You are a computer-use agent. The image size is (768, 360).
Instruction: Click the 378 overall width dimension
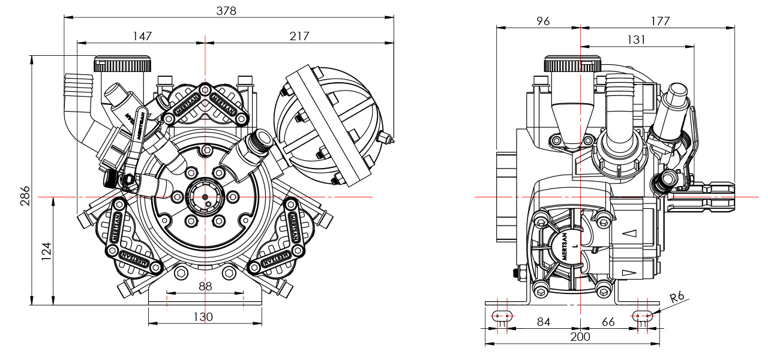227,11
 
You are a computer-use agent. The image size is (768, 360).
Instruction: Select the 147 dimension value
142,36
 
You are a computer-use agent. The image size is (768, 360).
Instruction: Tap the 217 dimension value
299,36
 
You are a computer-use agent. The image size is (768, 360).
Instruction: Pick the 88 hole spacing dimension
205,286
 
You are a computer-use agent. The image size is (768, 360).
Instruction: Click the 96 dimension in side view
543,21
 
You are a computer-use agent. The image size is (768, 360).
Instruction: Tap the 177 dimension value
660,21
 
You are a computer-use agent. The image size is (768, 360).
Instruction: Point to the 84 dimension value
543,322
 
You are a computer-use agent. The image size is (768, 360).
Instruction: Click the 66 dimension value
608,322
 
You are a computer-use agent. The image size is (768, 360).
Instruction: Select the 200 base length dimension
580,337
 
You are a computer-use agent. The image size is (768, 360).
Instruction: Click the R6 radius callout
677,297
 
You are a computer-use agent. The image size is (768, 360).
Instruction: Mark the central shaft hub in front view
205,196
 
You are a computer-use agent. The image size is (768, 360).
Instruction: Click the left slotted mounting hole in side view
502,315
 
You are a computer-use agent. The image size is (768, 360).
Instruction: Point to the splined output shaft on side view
705,196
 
